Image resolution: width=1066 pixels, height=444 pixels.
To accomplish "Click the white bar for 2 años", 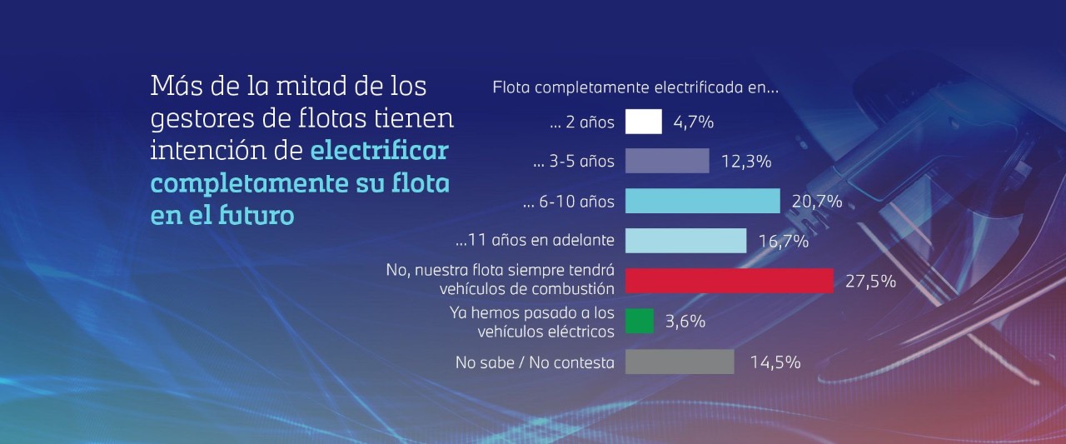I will (x=643, y=122).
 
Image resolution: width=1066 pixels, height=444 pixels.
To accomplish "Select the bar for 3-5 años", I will (x=666, y=161).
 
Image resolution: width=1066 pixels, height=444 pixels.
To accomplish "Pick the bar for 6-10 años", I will (x=702, y=201).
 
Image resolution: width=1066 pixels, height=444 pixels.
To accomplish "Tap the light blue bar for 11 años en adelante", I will (x=685, y=241).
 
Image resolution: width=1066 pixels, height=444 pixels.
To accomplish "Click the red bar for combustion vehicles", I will (x=729, y=281).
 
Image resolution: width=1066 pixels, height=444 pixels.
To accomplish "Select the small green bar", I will (x=639, y=321).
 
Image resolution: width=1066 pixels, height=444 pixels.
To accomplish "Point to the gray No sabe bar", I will (x=680, y=362).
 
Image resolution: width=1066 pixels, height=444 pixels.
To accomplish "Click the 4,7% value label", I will (x=693, y=122).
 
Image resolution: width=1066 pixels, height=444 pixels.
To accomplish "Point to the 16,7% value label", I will (x=783, y=242).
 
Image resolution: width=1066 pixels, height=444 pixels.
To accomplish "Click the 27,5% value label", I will (x=870, y=282).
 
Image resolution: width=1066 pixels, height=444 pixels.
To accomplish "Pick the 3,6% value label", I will (x=685, y=322).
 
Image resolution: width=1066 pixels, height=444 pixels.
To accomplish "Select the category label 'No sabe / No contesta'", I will (x=535, y=362).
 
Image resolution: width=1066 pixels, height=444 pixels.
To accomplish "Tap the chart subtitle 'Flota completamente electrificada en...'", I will (x=635, y=87).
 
